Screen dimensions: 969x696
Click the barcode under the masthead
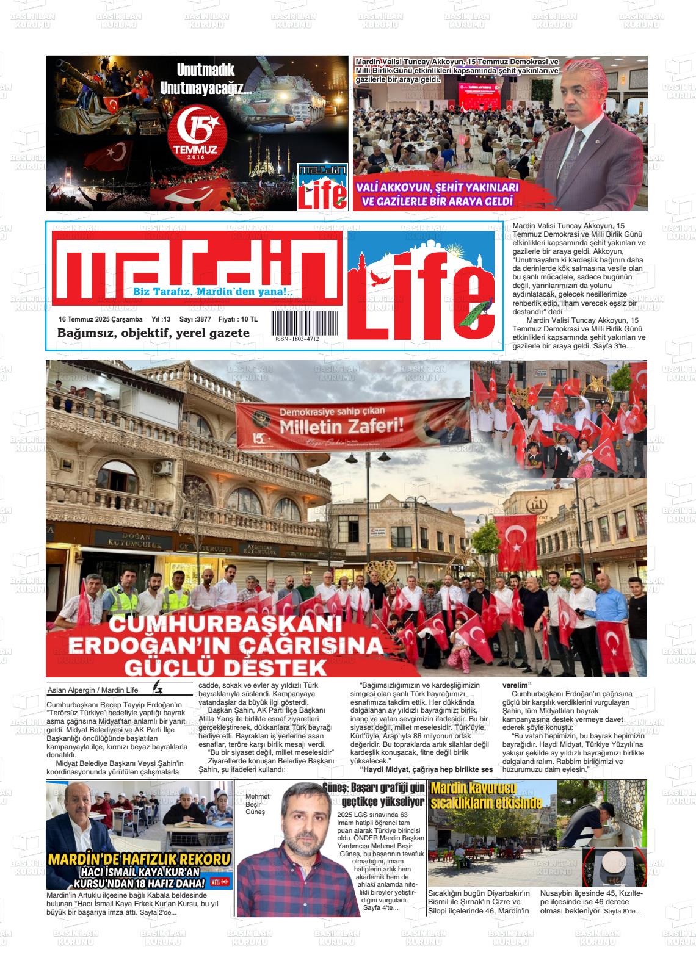coord(303,322)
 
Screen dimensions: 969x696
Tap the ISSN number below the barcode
coord(297,339)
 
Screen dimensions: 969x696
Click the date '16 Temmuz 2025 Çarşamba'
coord(100,319)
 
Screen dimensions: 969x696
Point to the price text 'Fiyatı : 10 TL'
coord(238,319)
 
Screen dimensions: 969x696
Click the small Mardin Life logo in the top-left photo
coord(322,186)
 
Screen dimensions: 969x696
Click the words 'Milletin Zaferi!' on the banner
coord(341,426)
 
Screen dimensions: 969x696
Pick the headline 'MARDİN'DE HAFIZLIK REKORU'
coord(139,859)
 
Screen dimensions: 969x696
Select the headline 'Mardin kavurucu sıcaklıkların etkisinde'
coord(486,796)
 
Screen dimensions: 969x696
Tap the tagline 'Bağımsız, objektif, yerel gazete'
coord(153,333)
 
